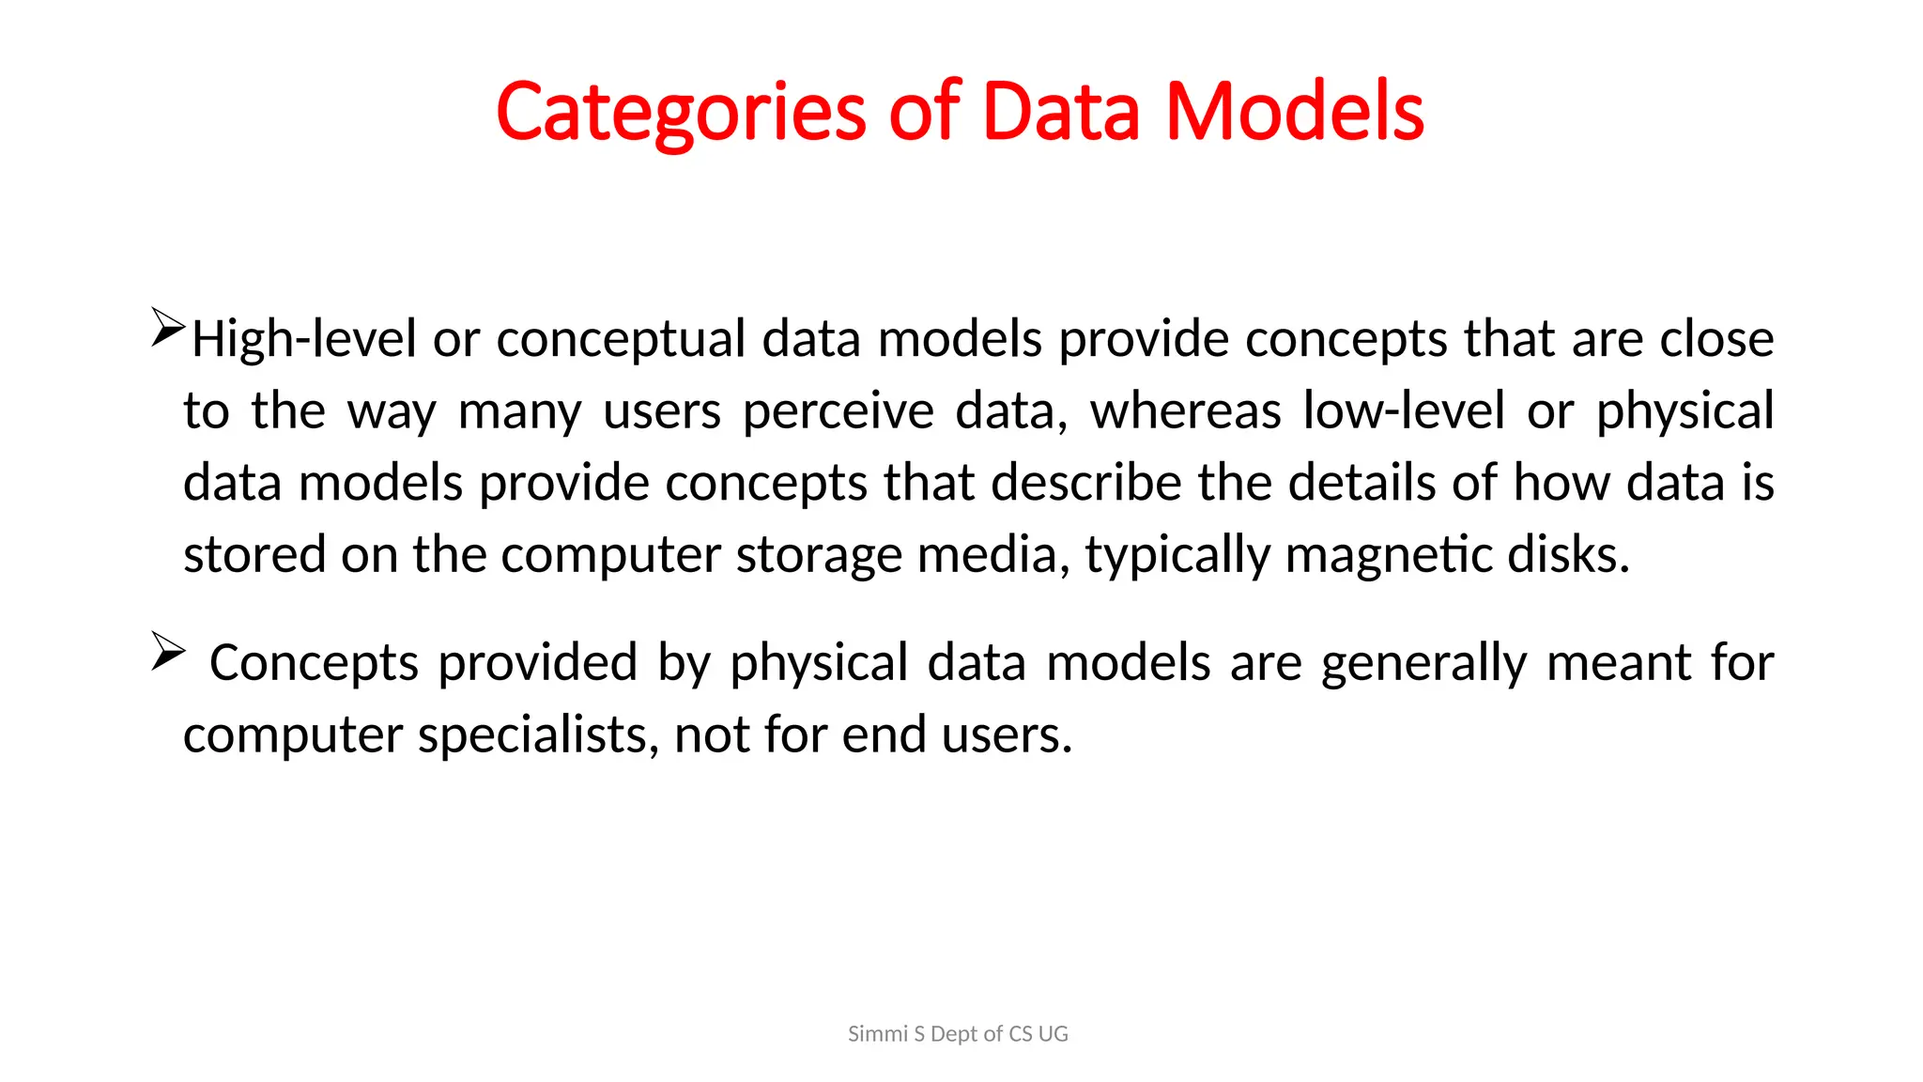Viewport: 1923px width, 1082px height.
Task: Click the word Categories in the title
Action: (x=680, y=113)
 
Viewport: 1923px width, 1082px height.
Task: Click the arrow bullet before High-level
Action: (x=168, y=328)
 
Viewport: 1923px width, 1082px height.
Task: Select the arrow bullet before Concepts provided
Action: (x=168, y=651)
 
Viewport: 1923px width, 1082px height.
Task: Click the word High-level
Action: (x=303, y=338)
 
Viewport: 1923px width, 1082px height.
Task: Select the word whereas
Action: (x=1185, y=411)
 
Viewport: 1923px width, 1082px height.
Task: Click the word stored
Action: (x=254, y=554)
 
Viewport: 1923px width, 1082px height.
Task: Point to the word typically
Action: (x=1177, y=555)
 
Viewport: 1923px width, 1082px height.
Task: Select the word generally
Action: (x=1424, y=663)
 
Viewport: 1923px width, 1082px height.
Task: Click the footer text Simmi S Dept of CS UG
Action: (x=958, y=1034)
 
